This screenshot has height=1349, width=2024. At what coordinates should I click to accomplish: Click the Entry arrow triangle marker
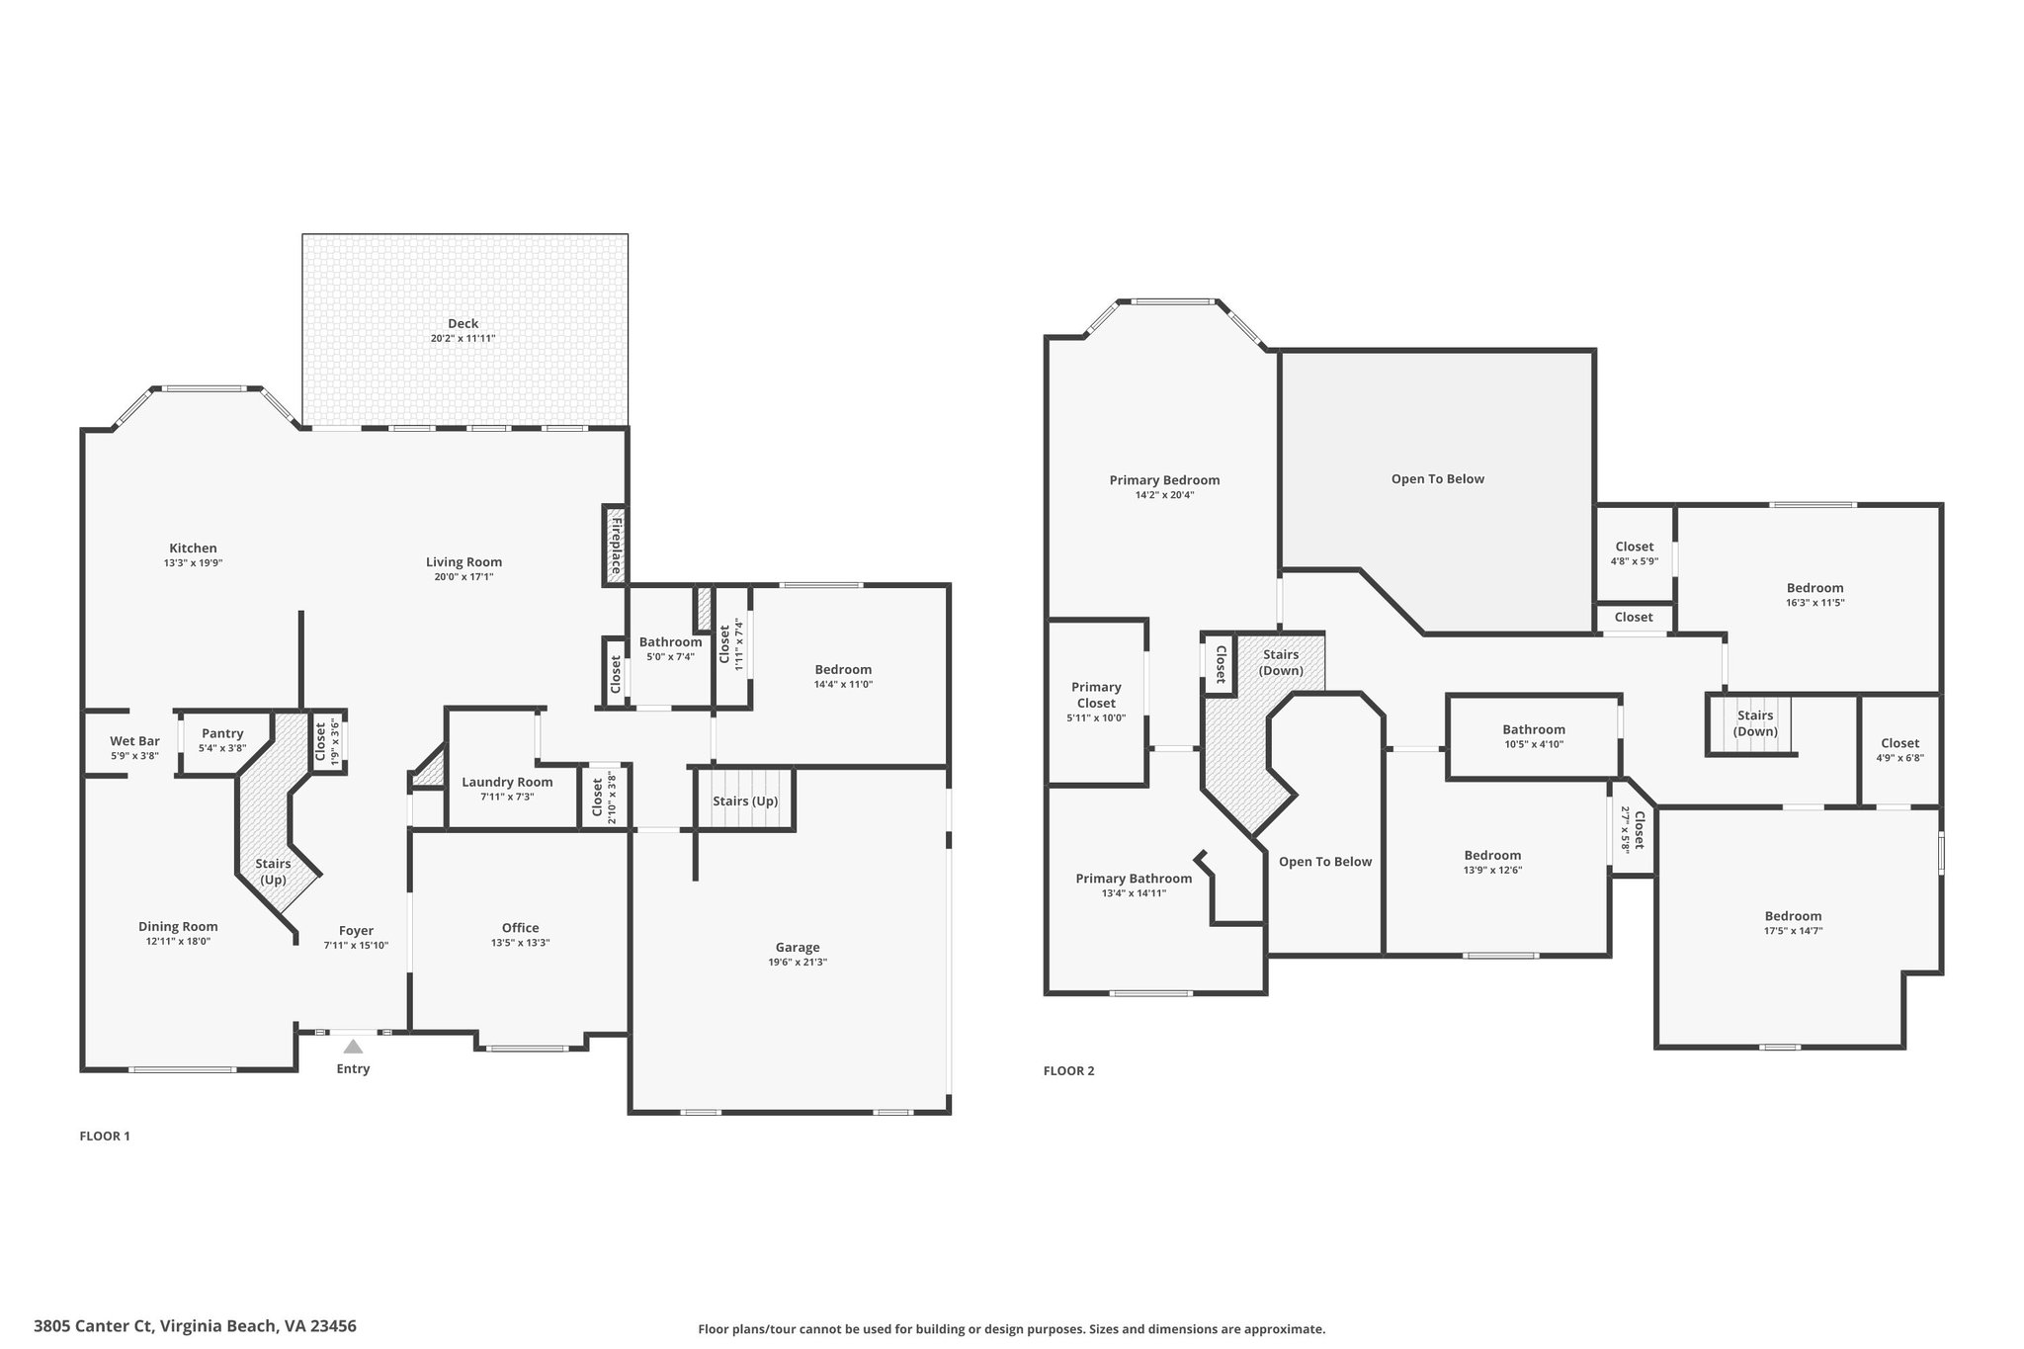(x=353, y=1046)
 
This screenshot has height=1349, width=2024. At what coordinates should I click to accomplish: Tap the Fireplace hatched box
(x=615, y=545)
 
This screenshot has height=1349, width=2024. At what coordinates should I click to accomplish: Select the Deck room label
(x=463, y=323)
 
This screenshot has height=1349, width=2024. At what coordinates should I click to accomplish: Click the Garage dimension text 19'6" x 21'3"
(x=798, y=962)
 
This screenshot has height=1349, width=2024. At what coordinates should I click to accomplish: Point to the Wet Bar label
(x=134, y=741)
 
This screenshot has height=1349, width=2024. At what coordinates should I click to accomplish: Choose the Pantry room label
(x=222, y=733)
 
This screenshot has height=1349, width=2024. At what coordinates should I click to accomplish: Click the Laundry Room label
(x=507, y=782)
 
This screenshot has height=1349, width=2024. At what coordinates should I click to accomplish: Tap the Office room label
(x=520, y=928)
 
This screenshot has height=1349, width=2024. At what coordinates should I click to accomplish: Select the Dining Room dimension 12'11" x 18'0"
(x=178, y=942)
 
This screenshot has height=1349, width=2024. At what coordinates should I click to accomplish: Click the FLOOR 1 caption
(x=105, y=1136)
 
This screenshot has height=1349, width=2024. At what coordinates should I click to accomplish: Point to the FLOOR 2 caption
(x=1069, y=1070)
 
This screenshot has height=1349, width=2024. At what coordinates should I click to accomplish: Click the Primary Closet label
(x=1096, y=695)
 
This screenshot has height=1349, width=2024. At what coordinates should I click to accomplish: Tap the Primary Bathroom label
(x=1134, y=879)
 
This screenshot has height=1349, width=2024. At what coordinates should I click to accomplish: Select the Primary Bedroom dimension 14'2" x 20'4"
(x=1164, y=495)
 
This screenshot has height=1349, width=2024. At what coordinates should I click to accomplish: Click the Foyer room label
(x=356, y=931)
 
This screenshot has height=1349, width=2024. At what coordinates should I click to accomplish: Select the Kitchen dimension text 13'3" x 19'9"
(x=193, y=563)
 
